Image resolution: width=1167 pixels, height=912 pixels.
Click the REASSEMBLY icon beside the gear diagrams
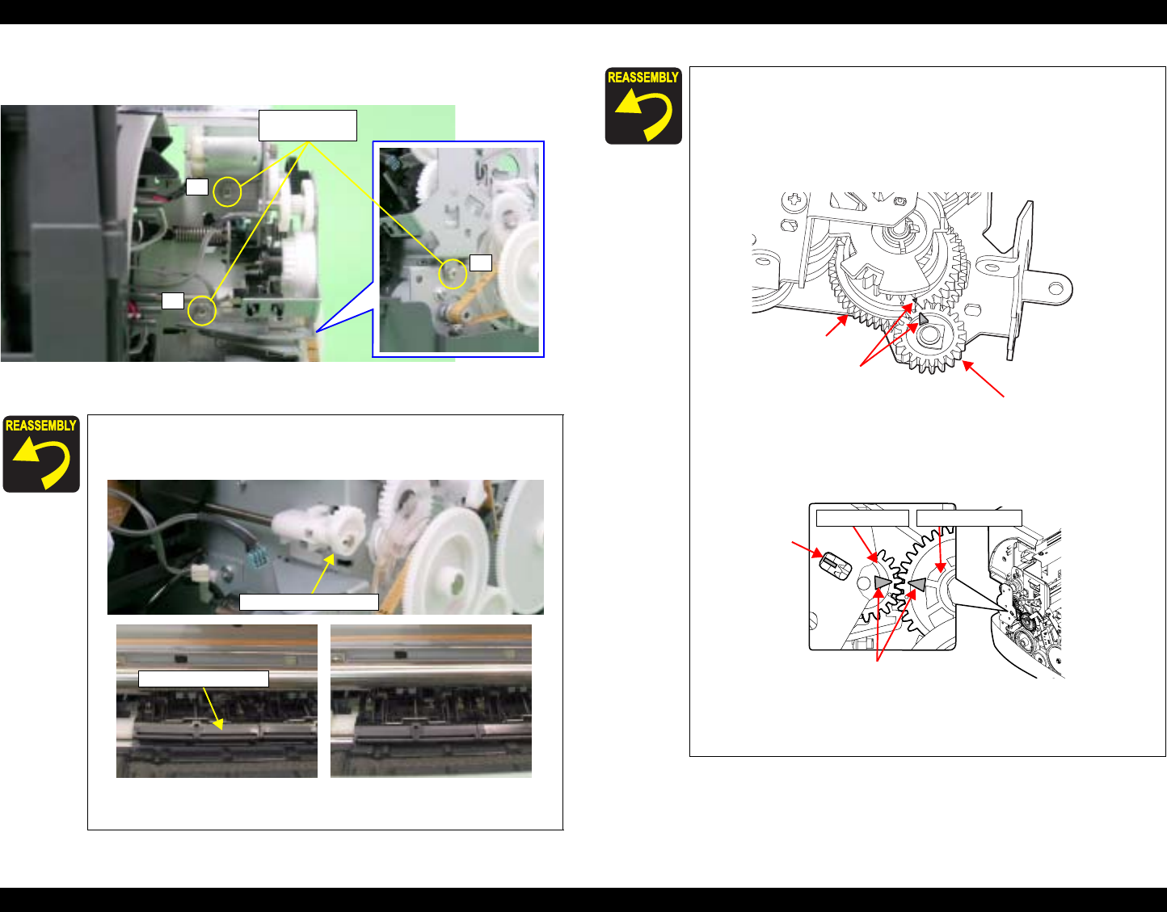(x=643, y=106)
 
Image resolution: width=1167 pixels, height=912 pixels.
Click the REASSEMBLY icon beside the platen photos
(x=41, y=454)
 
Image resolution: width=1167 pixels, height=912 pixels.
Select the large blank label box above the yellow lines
(x=308, y=125)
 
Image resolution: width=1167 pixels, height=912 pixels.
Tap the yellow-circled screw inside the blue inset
(x=453, y=274)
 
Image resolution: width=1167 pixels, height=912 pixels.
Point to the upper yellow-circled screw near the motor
(x=226, y=191)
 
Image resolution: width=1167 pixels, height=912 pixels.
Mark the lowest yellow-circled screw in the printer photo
(x=202, y=311)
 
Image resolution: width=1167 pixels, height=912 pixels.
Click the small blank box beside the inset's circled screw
(x=481, y=263)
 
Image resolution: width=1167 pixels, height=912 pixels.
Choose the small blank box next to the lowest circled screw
(x=173, y=300)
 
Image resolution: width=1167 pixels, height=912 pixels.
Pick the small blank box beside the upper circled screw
(x=197, y=187)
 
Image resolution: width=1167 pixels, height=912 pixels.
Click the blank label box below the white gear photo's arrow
(x=309, y=602)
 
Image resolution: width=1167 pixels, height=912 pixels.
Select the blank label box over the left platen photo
(x=204, y=679)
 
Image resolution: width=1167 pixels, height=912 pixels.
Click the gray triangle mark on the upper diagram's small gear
(x=923, y=319)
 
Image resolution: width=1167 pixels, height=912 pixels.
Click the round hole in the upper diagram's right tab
(x=1055, y=289)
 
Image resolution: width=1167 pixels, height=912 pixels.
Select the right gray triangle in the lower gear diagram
(x=916, y=583)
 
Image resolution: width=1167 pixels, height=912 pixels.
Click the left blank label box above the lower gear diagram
(x=862, y=518)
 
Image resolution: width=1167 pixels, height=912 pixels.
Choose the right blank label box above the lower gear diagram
(x=969, y=518)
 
